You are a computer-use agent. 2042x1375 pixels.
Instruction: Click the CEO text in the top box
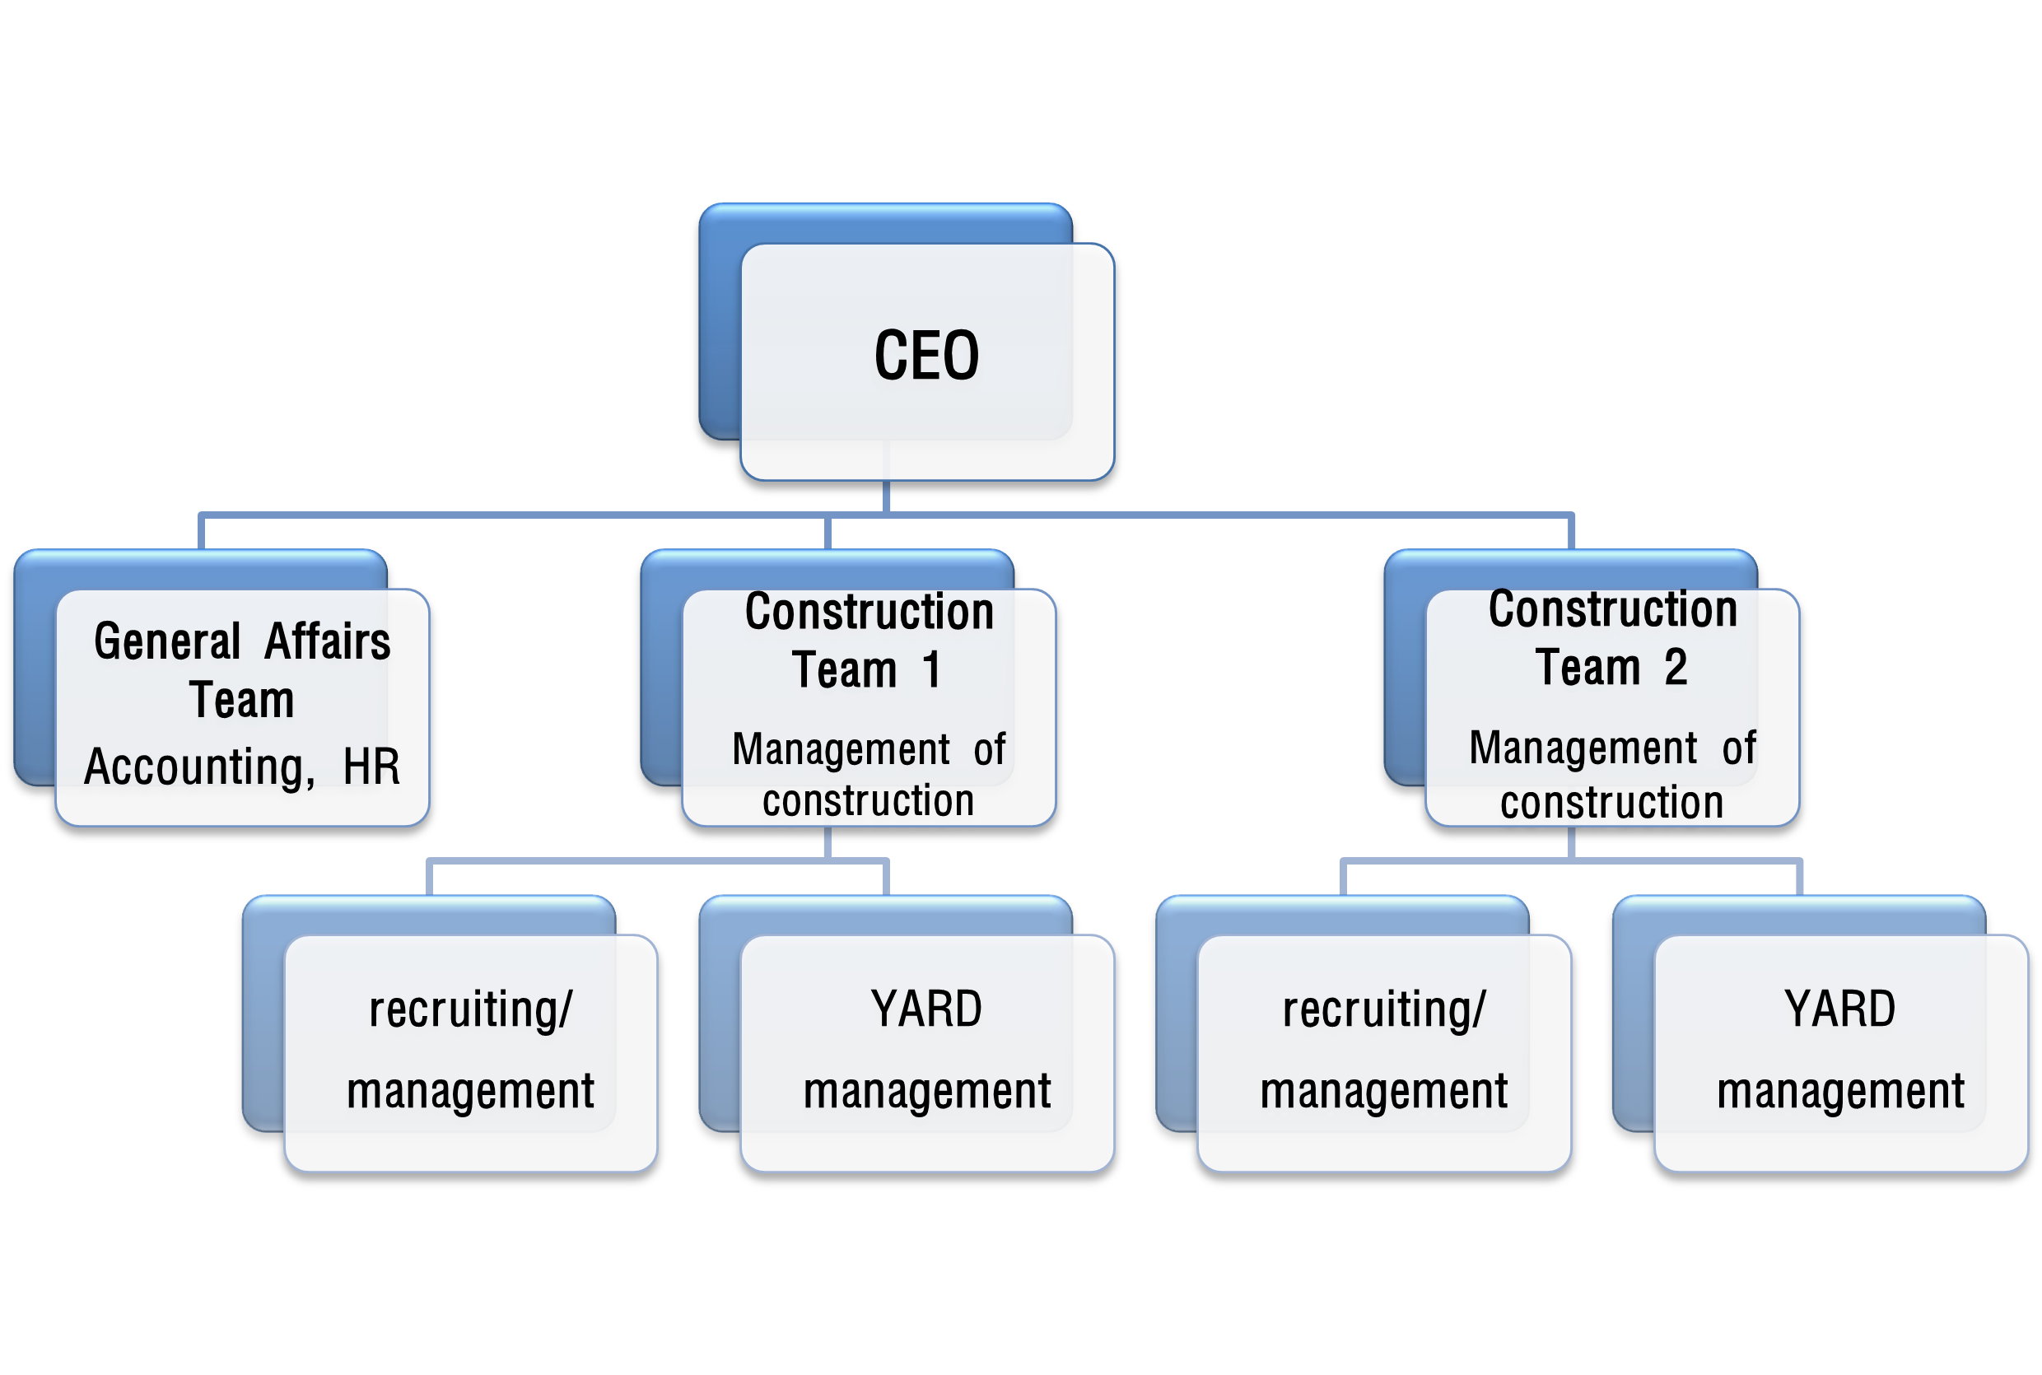coord(927,356)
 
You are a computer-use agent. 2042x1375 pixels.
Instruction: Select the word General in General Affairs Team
coord(166,641)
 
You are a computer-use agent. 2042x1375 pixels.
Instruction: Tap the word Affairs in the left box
coord(327,641)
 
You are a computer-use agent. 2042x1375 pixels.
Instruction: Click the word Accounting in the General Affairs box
coord(198,767)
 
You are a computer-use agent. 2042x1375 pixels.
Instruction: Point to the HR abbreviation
coord(371,767)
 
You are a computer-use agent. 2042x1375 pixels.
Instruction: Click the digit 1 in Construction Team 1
coord(931,670)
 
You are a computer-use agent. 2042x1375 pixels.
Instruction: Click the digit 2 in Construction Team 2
coord(1676,668)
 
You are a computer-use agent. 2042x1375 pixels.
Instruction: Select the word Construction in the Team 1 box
coord(869,611)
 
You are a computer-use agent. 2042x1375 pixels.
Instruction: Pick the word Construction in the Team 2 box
coord(1612,608)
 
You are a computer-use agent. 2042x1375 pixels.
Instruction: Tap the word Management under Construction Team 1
coord(841,750)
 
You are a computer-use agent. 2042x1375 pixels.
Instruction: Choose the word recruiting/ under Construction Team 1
coord(470,1009)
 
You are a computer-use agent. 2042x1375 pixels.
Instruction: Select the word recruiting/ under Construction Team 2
coord(1383,1009)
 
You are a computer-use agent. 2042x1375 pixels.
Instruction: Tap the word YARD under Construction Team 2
coord(1839,1009)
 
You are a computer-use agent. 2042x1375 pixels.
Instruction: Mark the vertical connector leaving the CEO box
coord(887,496)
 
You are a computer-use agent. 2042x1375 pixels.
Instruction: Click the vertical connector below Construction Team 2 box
coord(1571,843)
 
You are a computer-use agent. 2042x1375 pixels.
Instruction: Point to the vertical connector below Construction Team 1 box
coord(828,843)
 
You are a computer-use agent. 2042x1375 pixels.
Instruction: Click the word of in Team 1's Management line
coord(989,750)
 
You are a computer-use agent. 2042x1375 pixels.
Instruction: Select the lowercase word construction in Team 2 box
coord(1611,803)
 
